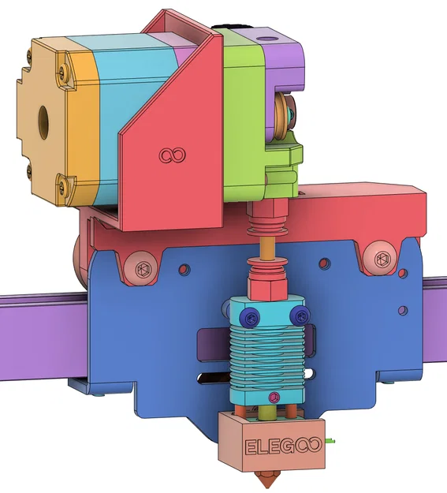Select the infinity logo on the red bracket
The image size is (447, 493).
pyautogui.click(x=170, y=155)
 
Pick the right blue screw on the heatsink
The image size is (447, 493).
pyautogui.click(x=299, y=316)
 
